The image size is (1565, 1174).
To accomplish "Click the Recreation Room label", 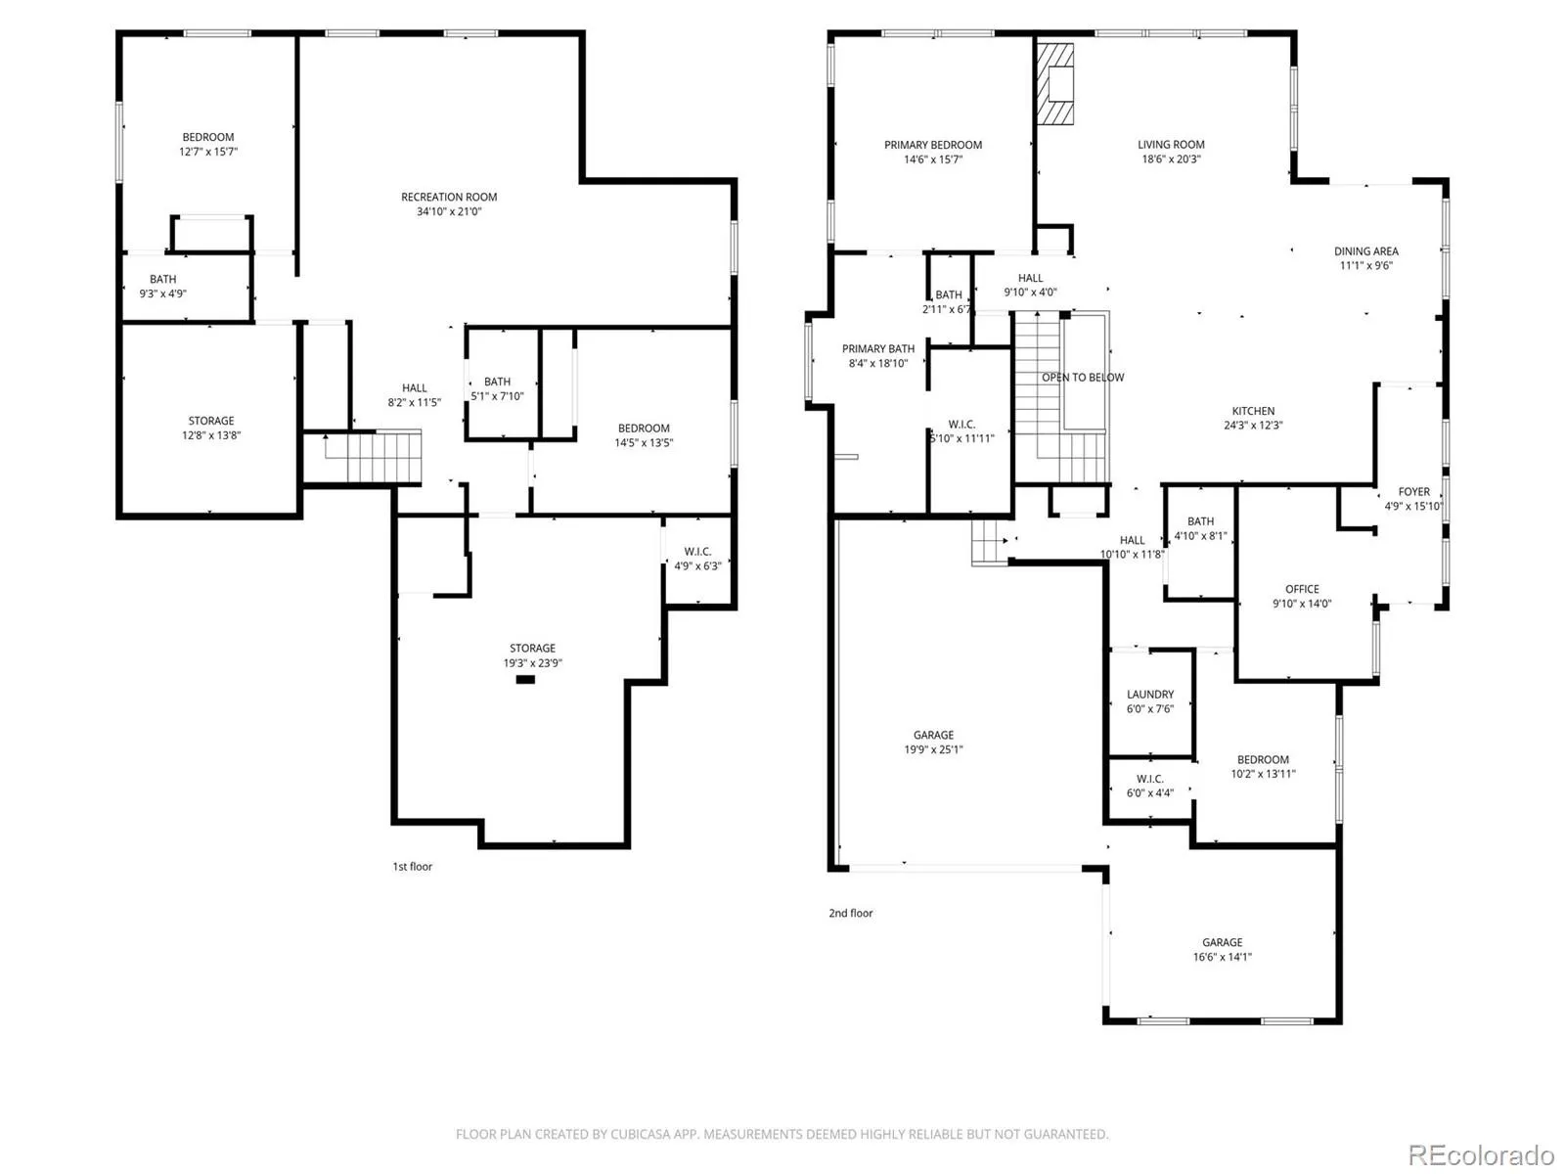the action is pyautogui.click(x=448, y=197).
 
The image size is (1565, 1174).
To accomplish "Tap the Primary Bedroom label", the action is pyautogui.click(x=932, y=145).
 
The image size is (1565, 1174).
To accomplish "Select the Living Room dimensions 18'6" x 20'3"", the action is pyautogui.click(x=1171, y=158).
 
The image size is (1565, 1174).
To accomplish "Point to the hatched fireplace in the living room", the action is pyautogui.click(x=1054, y=84).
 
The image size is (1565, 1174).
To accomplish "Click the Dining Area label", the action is pyautogui.click(x=1365, y=250).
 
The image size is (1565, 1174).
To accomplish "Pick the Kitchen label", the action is pyautogui.click(x=1253, y=411).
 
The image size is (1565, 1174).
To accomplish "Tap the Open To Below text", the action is pyautogui.click(x=1083, y=377).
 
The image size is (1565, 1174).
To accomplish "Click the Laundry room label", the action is pyautogui.click(x=1149, y=694).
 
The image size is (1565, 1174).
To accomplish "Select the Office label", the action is pyautogui.click(x=1301, y=589).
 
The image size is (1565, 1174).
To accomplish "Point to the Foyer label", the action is pyautogui.click(x=1413, y=491).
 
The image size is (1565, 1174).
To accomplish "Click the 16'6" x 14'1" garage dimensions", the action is pyautogui.click(x=1222, y=957).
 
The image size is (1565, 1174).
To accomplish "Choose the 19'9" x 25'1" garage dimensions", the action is pyautogui.click(x=933, y=749).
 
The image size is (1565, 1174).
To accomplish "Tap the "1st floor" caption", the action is pyautogui.click(x=412, y=866).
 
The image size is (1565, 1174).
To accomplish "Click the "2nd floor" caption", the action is pyautogui.click(x=850, y=913).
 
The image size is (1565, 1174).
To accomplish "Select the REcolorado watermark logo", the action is pyautogui.click(x=1481, y=1154).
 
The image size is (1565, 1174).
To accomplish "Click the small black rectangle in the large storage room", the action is pyautogui.click(x=524, y=679).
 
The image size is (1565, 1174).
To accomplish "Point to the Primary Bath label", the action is pyautogui.click(x=877, y=348).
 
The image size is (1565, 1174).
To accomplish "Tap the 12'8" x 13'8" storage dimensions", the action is pyautogui.click(x=211, y=434).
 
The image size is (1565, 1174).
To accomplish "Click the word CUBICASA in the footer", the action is pyautogui.click(x=640, y=1133).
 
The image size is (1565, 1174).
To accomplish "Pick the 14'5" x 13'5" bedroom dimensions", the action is pyautogui.click(x=643, y=442).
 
